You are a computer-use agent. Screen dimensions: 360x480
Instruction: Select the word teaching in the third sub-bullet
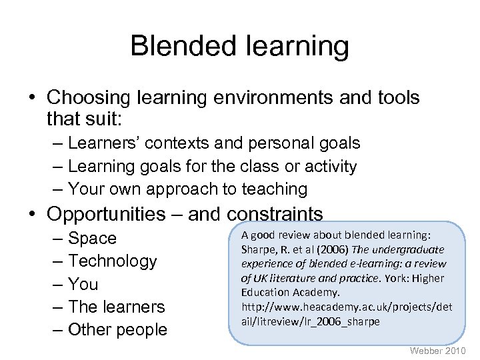(274, 189)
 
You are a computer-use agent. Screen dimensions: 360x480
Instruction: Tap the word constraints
(275, 214)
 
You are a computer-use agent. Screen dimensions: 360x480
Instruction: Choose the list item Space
(92, 238)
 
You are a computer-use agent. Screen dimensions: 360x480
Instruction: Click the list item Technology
(112, 261)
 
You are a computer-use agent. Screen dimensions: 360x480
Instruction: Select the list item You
(83, 284)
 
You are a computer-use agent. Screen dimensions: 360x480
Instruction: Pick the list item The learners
(116, 307)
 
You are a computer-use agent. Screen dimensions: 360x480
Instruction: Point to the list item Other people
(117, 330)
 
